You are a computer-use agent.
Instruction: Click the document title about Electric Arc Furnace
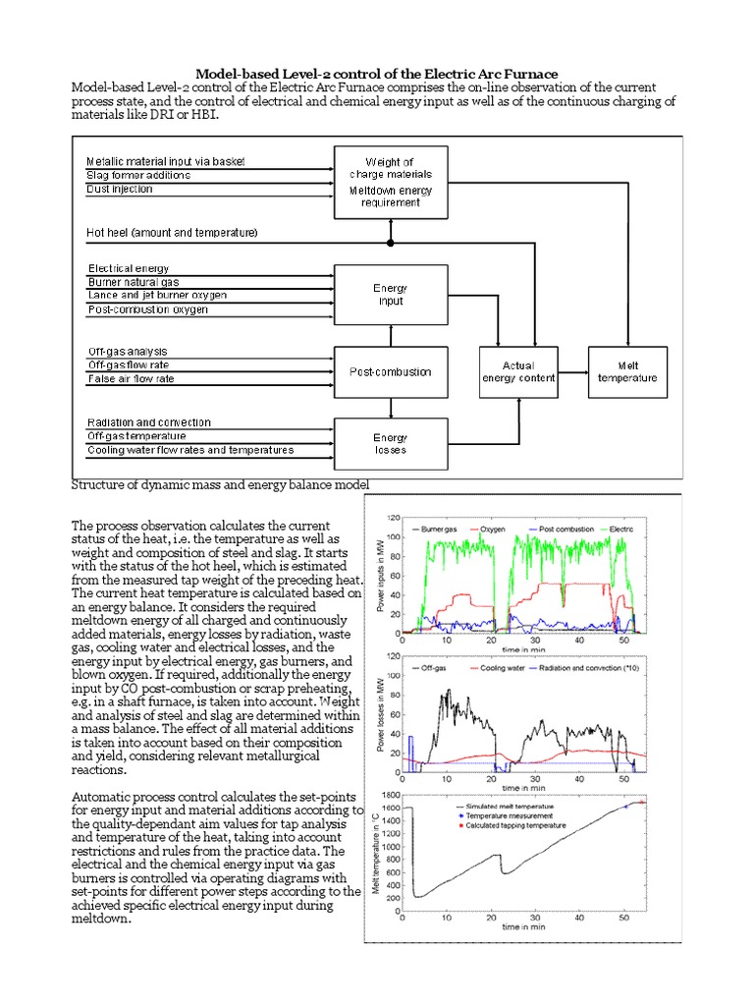click(x=377, y=74)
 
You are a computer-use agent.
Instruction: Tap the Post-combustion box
click(x=391, y=371)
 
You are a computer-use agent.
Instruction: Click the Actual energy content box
click(x=518, y=370)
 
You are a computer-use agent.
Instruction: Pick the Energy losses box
click(x=391, y=444)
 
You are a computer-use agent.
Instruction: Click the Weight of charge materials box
click(x=391, y=182)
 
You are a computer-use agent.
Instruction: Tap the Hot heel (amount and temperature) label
click(x=173, y=233)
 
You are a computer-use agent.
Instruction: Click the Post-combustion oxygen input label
click(x=148, y=310)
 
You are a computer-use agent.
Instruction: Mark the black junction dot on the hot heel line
click(x=391, y=242)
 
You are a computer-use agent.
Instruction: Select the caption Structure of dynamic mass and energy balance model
click(x=221, y=484)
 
